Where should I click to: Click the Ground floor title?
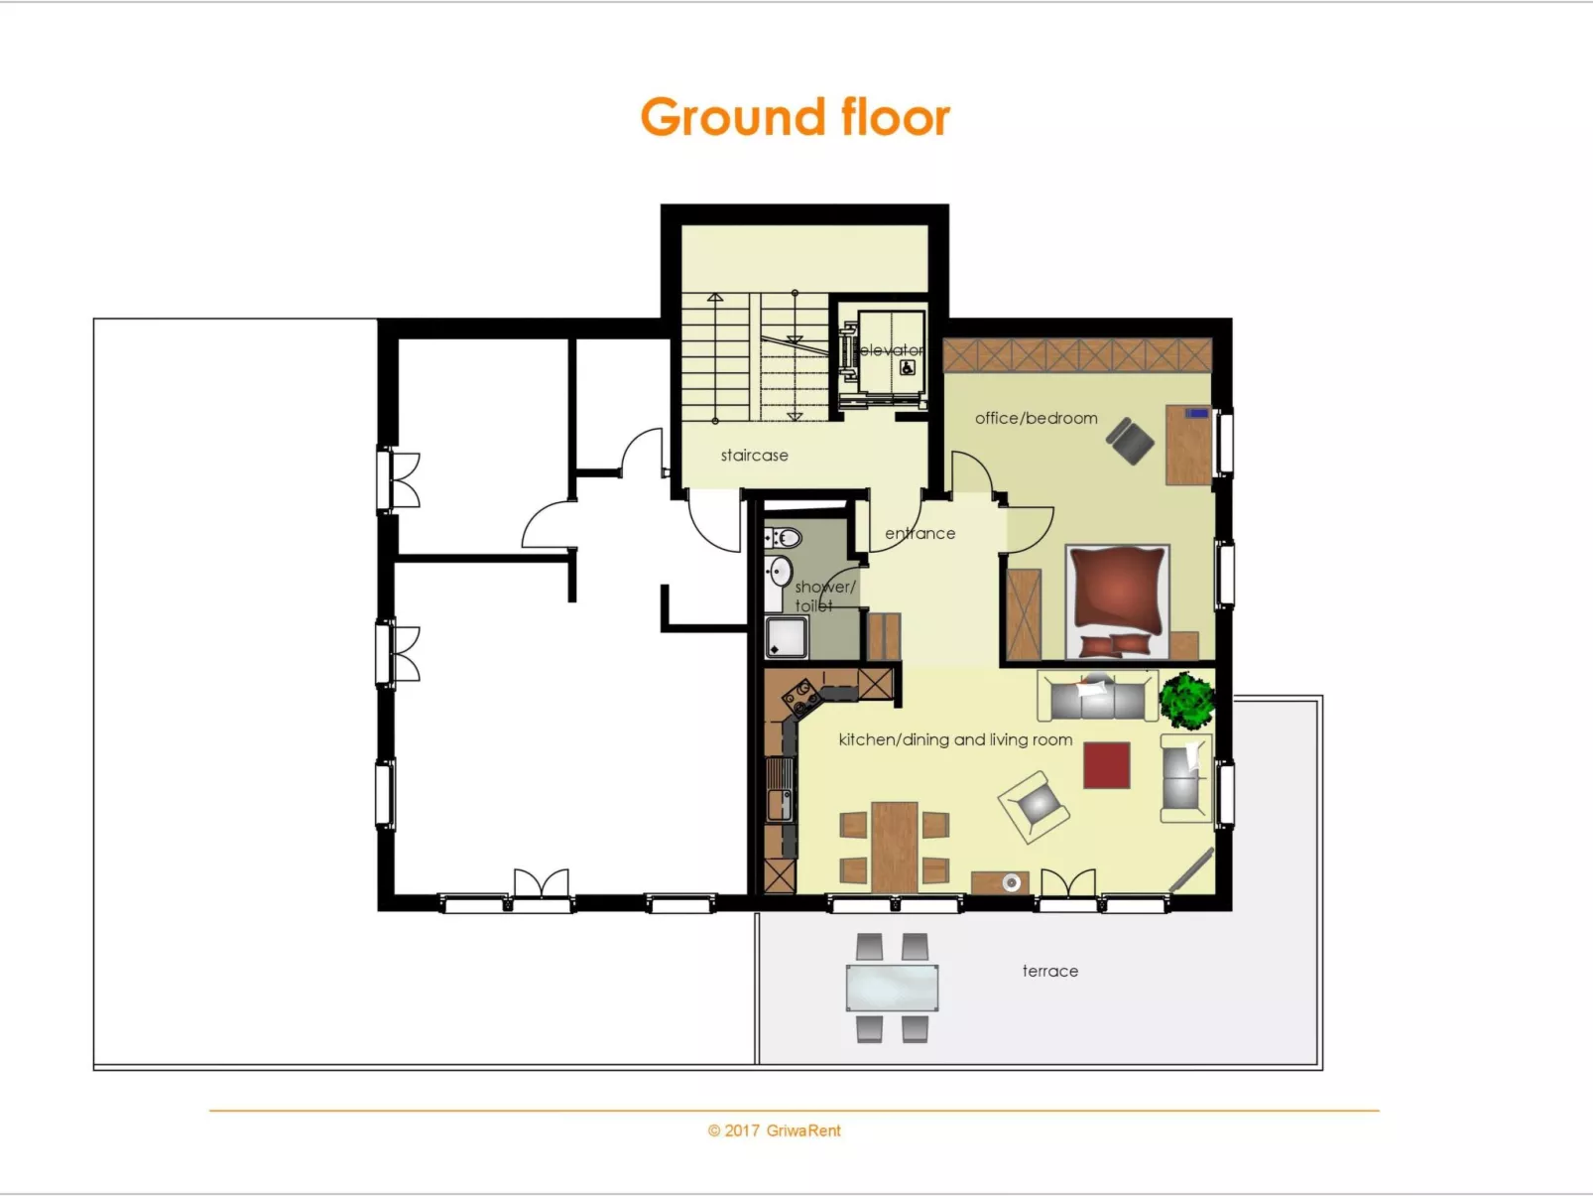point(795,117)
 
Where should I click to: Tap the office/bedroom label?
point(1036,418)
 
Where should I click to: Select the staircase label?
point(754,456)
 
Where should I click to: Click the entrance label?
point(919,533)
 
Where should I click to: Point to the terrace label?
point(1049,971)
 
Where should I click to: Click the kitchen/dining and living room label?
point(955,739)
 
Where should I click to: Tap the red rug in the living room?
point(1106,765)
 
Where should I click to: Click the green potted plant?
point(1186,699)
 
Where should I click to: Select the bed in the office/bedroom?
point(1117,600)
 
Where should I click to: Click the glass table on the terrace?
point(892,988)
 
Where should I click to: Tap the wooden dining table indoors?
point(895,845)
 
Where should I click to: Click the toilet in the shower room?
point(787,539)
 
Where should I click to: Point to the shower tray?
point(787,637)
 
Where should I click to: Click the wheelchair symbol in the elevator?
point(907,368)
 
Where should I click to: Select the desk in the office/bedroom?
point(1187,444)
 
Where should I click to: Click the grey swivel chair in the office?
point(1130,441)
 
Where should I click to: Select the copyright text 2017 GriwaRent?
point(774,1130)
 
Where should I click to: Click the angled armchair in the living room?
point(1034,805)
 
